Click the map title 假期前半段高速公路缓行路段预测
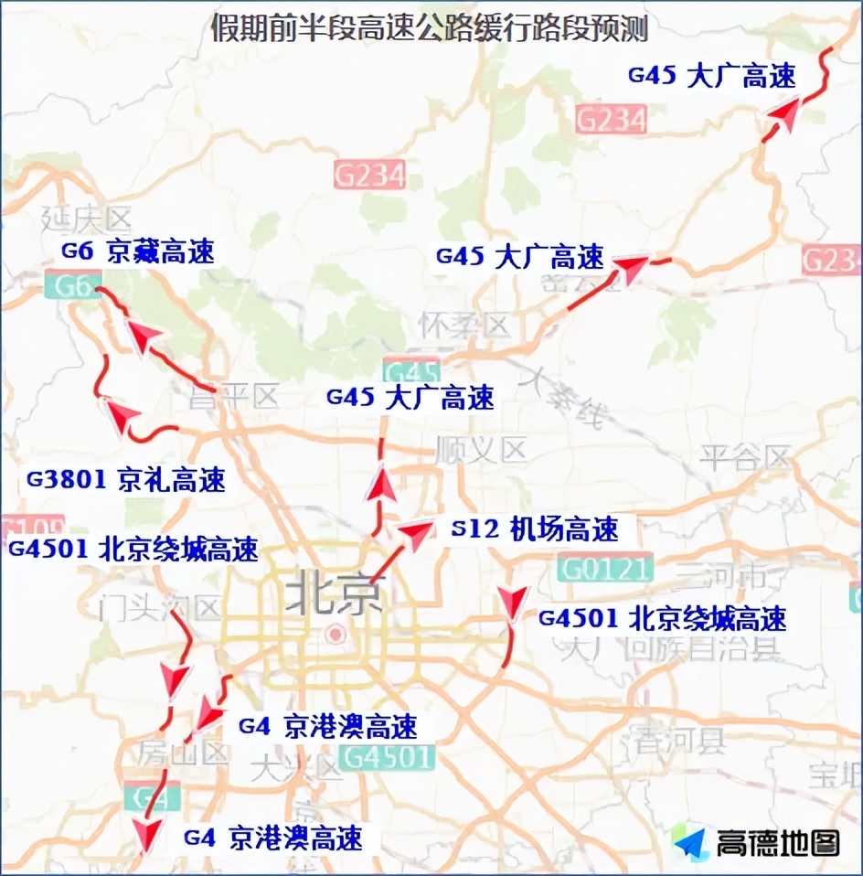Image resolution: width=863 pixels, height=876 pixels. click(430, 28)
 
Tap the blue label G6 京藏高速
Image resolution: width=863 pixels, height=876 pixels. click(138, 251)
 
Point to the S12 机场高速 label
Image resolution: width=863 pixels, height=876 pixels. click(536, 528)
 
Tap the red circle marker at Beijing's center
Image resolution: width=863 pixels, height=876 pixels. click(336, 633)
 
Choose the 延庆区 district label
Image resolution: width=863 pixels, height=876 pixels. click(87, 219)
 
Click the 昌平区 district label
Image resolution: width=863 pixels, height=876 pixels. click(233, 397)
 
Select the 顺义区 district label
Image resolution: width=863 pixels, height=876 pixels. click(482, 449)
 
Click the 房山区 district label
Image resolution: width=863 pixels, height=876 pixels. click(183, 753)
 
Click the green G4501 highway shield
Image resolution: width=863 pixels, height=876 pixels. click(386, 756)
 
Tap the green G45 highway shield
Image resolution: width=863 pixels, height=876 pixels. click(412, 372)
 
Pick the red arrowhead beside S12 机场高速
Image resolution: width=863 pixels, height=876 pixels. click(417, 533)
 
